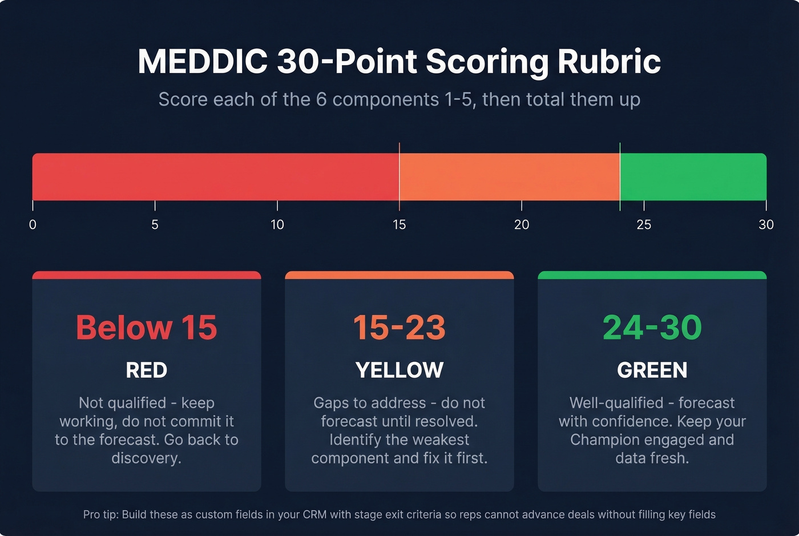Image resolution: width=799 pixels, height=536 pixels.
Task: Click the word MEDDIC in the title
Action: tap(203, 61)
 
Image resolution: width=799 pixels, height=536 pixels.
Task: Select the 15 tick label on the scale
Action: tap(399, 225)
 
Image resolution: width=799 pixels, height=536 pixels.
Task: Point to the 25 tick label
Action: tap(644, 225)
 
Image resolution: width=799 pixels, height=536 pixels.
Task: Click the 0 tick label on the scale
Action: tap(33, 225)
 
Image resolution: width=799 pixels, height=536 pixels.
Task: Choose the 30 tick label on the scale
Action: tap(766, 225)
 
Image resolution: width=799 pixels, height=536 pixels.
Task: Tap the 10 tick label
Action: tap(277, 225)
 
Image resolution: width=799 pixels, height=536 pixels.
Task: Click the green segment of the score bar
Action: tap(693, 176)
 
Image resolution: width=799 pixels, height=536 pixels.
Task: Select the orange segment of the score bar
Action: tap(510, 176)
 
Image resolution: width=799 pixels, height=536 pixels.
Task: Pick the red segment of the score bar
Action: tap(216, 176)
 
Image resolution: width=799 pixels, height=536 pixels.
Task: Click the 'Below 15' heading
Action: tap(147, 328)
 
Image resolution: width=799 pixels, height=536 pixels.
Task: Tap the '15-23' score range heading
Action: tap(399, 328)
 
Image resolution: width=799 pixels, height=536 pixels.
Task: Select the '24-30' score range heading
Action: tap(652, 328)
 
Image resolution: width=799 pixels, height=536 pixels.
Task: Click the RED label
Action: tap(147, 370)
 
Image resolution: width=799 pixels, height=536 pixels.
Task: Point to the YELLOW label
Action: tap(399, 370)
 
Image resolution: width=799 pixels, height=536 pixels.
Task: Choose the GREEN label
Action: tap(652, 370)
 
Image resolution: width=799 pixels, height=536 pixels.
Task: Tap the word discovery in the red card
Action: tap(146, 458)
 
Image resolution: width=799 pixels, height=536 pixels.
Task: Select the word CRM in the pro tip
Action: tap(314, 515)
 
